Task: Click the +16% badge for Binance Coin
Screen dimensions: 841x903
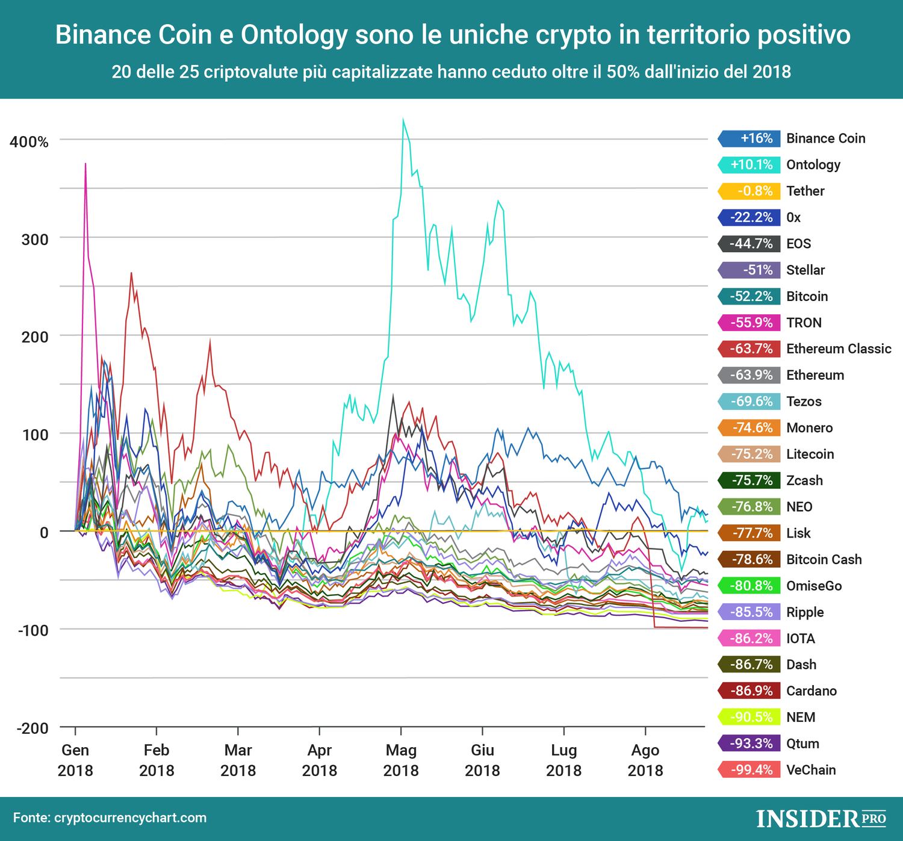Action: click(x=749, y=138)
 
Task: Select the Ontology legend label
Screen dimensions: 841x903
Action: click(x=813, y=165)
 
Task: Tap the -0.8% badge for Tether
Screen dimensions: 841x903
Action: click(x=749, y=191)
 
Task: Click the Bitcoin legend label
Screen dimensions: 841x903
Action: click(x=807, y=297)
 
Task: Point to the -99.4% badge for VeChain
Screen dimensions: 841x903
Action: click(x=749, y=770)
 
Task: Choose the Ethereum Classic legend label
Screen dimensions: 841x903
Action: click(x=839, y=349)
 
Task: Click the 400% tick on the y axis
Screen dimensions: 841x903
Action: click(x=29, y=143)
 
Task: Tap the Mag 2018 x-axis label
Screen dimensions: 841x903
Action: click(x=401, y=760)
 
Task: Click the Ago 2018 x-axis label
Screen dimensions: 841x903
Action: click(x=645, y=760)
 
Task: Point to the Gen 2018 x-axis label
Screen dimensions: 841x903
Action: click(x=75, y=760)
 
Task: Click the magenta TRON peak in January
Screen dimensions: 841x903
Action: click(x=85, y=164)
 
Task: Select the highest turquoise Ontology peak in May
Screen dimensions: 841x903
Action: click(x=403, y=120)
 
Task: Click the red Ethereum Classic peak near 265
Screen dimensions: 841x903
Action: click(x=131, y=273)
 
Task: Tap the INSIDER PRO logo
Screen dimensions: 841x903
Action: click(x=821, y=819)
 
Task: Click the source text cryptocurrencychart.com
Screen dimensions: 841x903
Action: click(x=130, y=818)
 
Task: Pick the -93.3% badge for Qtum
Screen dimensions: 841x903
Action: click(x=749, y=744)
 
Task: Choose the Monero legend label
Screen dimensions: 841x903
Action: click(x=810, y=428)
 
